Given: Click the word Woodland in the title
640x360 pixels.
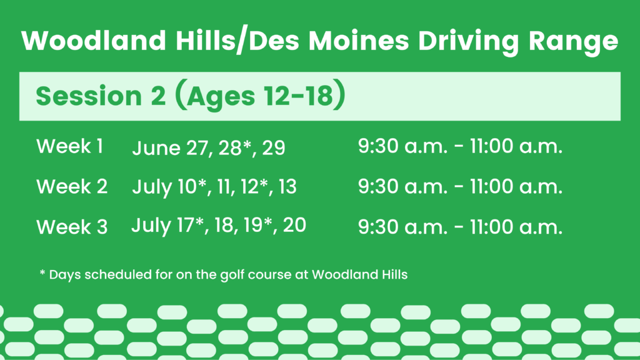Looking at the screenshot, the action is pyautogui.click(x=94, y=41).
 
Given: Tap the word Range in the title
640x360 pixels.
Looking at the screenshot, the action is pyautogui.click(x=573, y=42).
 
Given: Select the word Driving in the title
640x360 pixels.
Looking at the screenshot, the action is pyautogui.click(x=469, y=42).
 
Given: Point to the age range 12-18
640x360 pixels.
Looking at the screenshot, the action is pyautogui.click(x=298, y=96).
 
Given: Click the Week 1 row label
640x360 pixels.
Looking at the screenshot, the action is pyautogui.click(x=70, y=146).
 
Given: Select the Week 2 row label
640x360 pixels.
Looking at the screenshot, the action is pyautogui.click(x=72, y=186).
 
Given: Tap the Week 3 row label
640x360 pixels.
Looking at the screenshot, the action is pyautogui.click(x=72, y=227).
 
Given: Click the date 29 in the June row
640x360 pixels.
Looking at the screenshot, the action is pyautogui.click(x=274, y=147).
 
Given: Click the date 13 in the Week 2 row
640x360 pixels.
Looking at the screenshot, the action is pyautogui.click(x=287, y=186).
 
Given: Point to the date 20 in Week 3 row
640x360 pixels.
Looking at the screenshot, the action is pyautogui.click(x=294, y=225).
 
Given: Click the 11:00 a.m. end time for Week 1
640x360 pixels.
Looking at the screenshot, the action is pyautogui.click(x=516, y=146).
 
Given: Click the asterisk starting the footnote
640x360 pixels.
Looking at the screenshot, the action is pyautogui.click(x=42, y=272).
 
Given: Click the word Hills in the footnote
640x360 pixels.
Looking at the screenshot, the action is pyautogui.click(x=395, y=274).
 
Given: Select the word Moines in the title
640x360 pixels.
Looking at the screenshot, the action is pyautogui.click(x=358, y=41).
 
